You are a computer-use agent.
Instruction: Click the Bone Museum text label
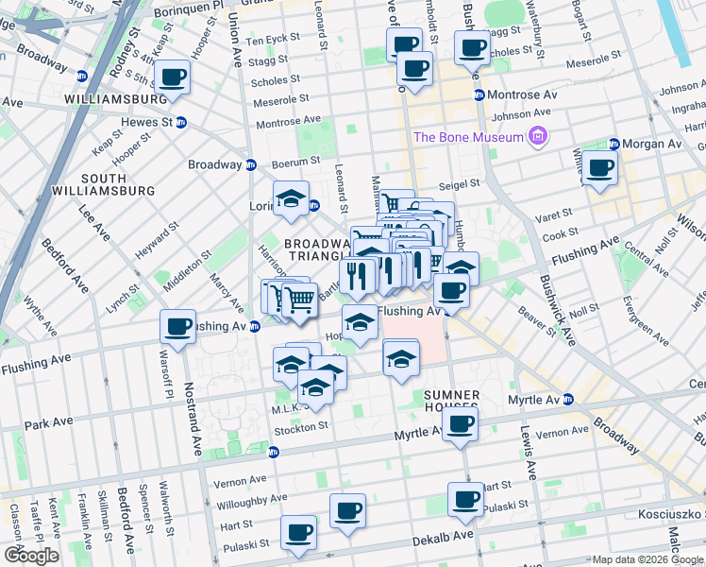click(x=468, y=137)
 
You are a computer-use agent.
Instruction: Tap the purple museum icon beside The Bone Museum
click(x=539, y=137)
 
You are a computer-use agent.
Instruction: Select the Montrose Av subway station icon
click(x=479, y=95)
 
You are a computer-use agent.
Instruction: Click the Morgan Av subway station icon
click(x=614, y=145)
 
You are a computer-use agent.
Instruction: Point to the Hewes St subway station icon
click(x=180, y=122)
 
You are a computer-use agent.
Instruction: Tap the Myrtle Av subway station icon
click(x=568, y=400)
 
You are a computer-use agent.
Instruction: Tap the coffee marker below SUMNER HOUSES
click(x=460, y=424)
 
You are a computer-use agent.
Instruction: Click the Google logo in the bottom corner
click(x=30, y=556)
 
